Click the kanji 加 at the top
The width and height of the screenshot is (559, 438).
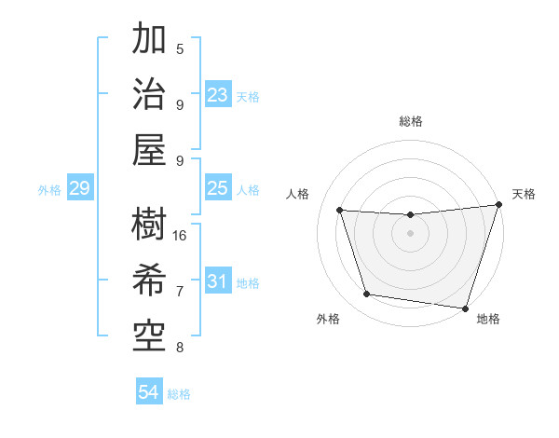149,40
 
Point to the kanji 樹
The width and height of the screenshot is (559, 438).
149,224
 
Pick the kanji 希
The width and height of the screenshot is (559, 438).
149,279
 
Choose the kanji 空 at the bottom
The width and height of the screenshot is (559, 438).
149,331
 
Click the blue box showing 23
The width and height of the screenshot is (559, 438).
218,95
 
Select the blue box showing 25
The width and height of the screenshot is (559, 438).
218,189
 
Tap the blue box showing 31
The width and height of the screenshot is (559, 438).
218,281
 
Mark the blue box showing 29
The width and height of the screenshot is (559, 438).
79,189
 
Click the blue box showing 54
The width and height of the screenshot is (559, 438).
148,392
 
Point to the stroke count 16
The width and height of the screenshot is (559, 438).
181,235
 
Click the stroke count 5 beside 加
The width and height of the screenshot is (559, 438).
180,48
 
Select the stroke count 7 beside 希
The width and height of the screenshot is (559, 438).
180,292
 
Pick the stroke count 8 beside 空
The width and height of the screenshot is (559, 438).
180,348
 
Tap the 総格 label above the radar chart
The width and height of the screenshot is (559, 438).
411,121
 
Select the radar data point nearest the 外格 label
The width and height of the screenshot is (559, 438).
367,294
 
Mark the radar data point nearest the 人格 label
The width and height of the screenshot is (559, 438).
339,211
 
